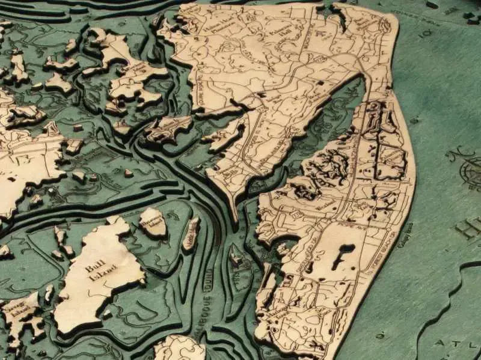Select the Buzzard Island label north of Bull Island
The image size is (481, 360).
[x=153, y=220]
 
